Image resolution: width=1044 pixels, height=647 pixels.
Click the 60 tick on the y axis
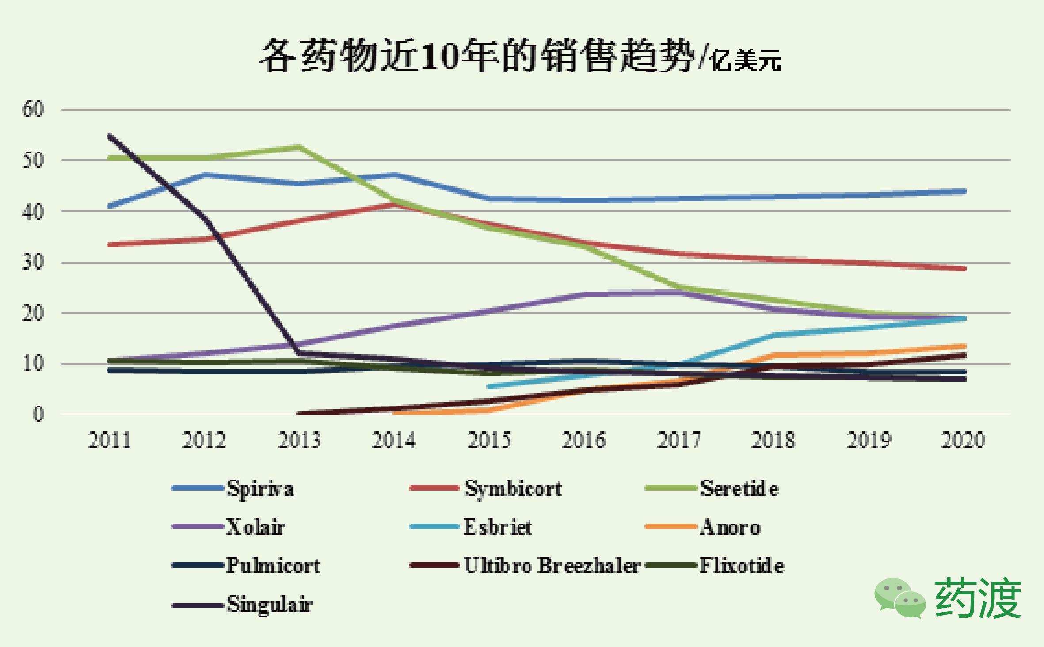34,109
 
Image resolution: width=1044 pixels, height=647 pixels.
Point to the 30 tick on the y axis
34,263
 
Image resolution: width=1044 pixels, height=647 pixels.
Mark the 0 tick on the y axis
39,415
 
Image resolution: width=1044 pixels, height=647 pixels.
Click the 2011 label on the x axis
110,440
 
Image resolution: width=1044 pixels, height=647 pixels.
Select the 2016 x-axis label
584,440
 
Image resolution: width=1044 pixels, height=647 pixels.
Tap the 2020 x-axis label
963,440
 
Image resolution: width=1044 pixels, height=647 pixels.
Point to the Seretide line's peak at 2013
299,146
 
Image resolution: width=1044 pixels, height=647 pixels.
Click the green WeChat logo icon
900,598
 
